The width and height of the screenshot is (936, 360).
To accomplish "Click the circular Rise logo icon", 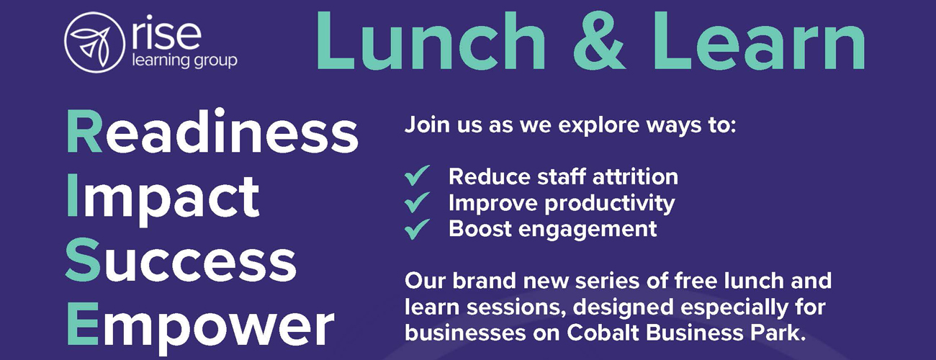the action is click(95, 42).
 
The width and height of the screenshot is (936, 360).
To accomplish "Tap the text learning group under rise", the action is click(184, 61).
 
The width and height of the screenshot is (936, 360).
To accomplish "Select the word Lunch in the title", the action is click(431, 41).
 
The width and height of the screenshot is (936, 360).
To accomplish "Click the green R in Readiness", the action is click(84, 131).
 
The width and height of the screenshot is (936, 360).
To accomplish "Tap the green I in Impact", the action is click(72, 195).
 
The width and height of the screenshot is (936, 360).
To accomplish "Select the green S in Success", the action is click(83, 259).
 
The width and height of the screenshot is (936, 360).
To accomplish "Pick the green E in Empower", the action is click(82, 324).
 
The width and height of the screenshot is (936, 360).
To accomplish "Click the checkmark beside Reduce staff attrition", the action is click(417, 176).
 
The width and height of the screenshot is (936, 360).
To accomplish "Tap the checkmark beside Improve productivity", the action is click(417, 202).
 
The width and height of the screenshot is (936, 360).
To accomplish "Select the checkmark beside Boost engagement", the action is click(417, 229).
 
